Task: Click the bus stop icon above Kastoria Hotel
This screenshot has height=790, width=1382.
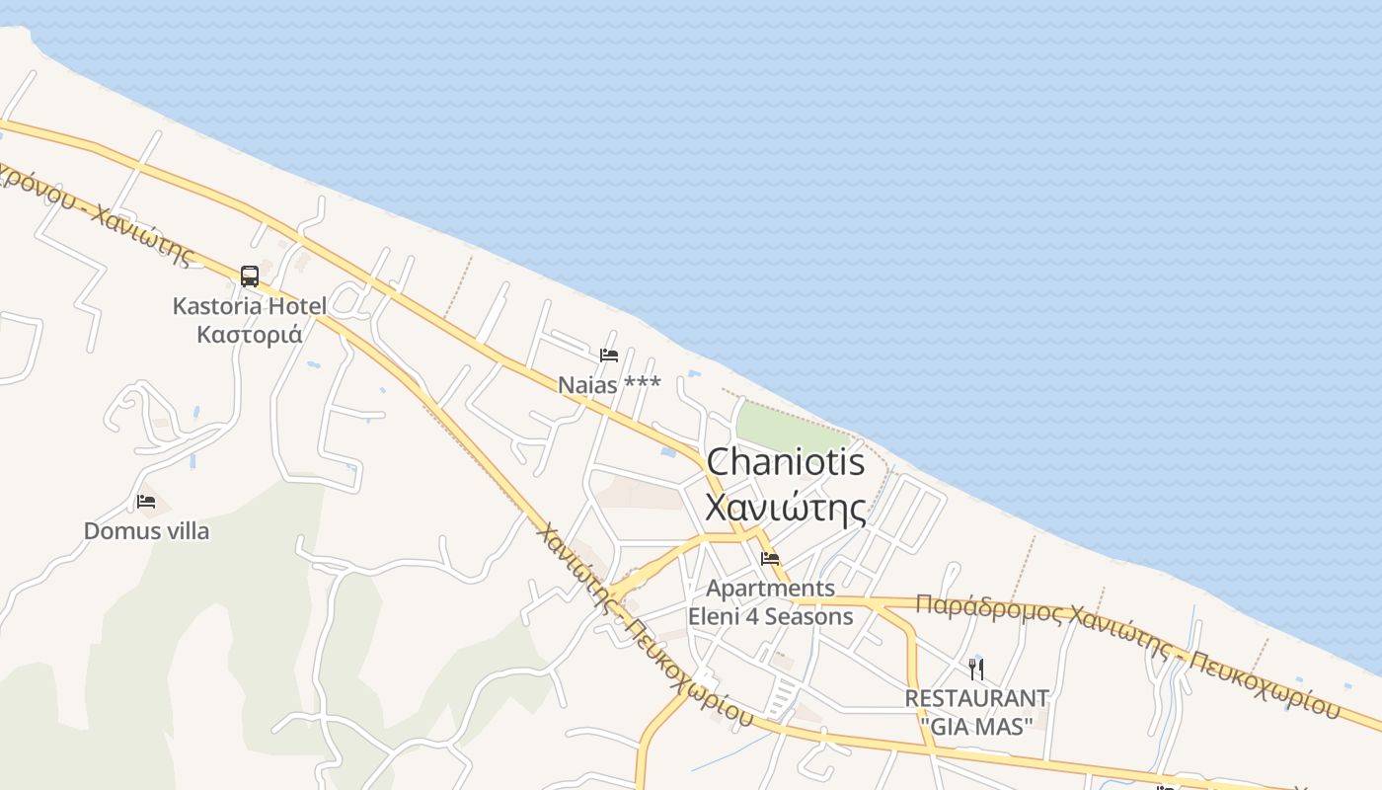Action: click(250, 276)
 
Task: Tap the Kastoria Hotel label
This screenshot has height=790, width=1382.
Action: click(249, 306)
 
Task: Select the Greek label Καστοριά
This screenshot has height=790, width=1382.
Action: click(249, 334)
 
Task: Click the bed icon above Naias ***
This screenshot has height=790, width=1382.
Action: click(609, 355)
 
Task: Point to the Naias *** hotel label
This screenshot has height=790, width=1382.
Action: click(609, 384)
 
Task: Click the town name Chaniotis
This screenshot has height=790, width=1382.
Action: click(786, 462)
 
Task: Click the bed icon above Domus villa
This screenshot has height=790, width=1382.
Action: click(146, 502)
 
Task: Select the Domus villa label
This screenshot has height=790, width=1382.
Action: click(146, 531)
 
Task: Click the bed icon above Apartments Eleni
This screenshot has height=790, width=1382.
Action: click(770, 559)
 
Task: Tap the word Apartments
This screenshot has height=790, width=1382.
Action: click(770, 589)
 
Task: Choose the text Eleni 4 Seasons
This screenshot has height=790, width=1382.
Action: click(770, 617)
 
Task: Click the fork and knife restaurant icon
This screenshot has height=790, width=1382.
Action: click(976, 670)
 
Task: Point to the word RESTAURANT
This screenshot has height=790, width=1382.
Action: click(976, 698)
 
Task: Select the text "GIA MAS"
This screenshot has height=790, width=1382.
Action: click(976, 726)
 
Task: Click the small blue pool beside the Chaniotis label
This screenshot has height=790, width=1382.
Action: click(668, 452)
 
